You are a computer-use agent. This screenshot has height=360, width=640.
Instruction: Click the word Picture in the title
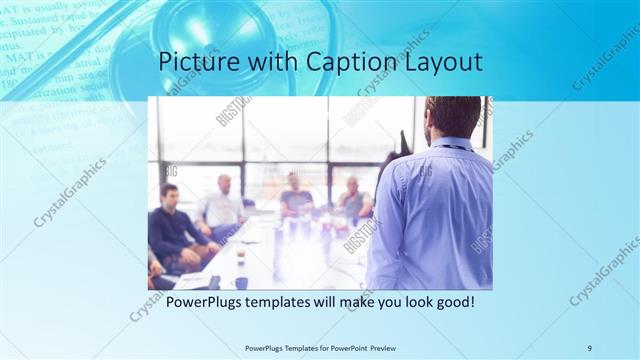click(x=194, y=62)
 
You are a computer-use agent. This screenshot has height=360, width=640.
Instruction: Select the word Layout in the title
click(x=443, y=62)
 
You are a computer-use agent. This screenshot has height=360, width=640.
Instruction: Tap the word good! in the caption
click(x=452, y=300)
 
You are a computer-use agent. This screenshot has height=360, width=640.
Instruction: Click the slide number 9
click(x=589, y=347)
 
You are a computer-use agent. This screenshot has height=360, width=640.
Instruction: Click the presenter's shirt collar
click(x=447, y=144)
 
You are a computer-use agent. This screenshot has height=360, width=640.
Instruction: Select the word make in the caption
click(x=345, y=300)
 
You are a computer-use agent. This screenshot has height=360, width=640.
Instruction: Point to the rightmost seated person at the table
click(x=352, y=199)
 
